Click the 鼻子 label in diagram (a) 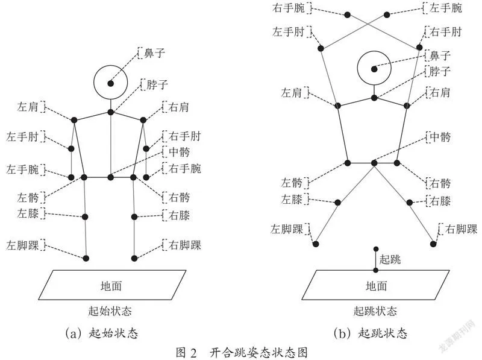pos(154,53)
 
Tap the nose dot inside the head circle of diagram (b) pos(374,69)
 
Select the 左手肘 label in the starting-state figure pos(22,136)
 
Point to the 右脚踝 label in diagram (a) pos(185,245)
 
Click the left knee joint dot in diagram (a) pos(85,217)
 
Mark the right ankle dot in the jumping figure pos(433,244)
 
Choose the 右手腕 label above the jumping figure pos(289,8)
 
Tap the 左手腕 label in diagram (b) pos(445,8)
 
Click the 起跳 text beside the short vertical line pos(390,259)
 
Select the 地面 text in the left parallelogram pos(111,286)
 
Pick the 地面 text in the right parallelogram pos(376,286)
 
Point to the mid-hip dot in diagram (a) pos(111,177)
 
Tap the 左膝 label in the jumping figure pos(292,200)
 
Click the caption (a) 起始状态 pos(102,333)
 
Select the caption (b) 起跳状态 pos(371,333)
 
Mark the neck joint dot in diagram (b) pos(374,98)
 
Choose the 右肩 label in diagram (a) pos(178,107)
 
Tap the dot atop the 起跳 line pos(375,249)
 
